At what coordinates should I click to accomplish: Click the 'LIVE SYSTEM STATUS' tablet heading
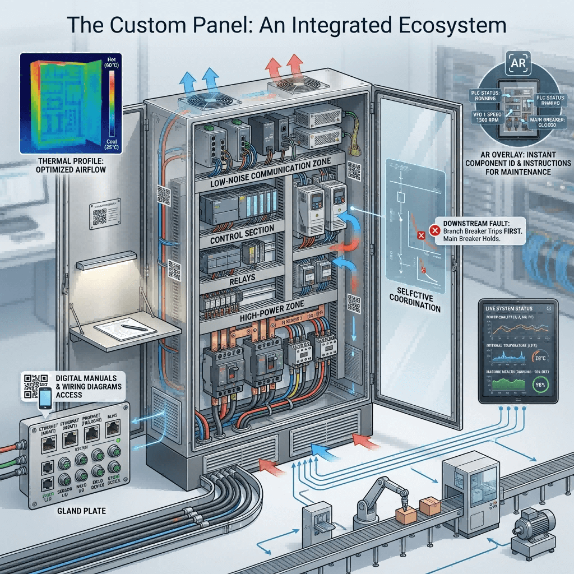[x=508, y=308]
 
